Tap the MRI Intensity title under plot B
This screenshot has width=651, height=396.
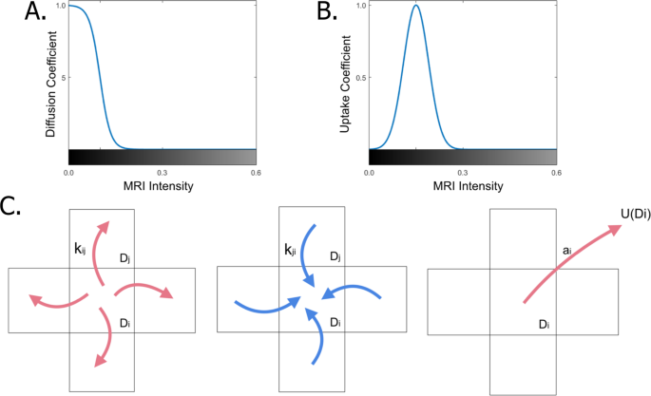point(463,186)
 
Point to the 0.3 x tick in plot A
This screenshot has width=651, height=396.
point(163,172)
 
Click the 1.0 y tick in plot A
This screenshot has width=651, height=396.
point(61,7)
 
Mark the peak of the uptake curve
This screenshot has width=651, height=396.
point(415,7)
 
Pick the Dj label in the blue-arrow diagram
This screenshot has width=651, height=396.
point(335,257)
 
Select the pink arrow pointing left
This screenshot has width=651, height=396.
point(52,300)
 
